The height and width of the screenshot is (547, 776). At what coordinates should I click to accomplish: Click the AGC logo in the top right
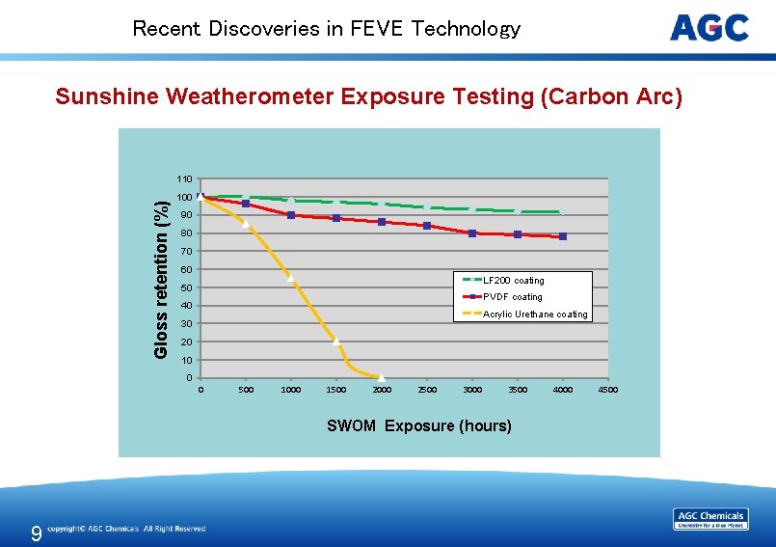[709, 28]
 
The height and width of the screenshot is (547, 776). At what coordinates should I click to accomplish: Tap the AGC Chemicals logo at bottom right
[710, 519]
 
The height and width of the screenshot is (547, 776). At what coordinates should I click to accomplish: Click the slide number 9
[36, 533]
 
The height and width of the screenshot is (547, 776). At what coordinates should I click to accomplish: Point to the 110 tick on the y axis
[183, 179]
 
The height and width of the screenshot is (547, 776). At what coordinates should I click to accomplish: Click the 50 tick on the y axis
[186, 287]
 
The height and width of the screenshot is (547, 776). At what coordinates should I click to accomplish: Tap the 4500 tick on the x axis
[607, 391]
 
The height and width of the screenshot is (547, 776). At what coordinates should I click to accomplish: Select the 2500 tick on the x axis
[426, 391]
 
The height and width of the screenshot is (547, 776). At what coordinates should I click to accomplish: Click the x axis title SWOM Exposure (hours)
[419, 425]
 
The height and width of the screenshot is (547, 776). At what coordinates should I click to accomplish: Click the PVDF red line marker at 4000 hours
[563, 236]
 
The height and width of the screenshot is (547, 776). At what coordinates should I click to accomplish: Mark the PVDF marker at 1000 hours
[291, 215]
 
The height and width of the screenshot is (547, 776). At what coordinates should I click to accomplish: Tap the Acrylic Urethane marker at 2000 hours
[382, 376]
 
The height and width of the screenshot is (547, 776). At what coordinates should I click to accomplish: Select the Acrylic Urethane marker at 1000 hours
[291, 279]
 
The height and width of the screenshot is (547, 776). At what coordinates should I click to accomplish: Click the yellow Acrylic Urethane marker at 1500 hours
[336, 341]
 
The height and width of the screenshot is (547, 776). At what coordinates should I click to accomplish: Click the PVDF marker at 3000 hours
[472, 233]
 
